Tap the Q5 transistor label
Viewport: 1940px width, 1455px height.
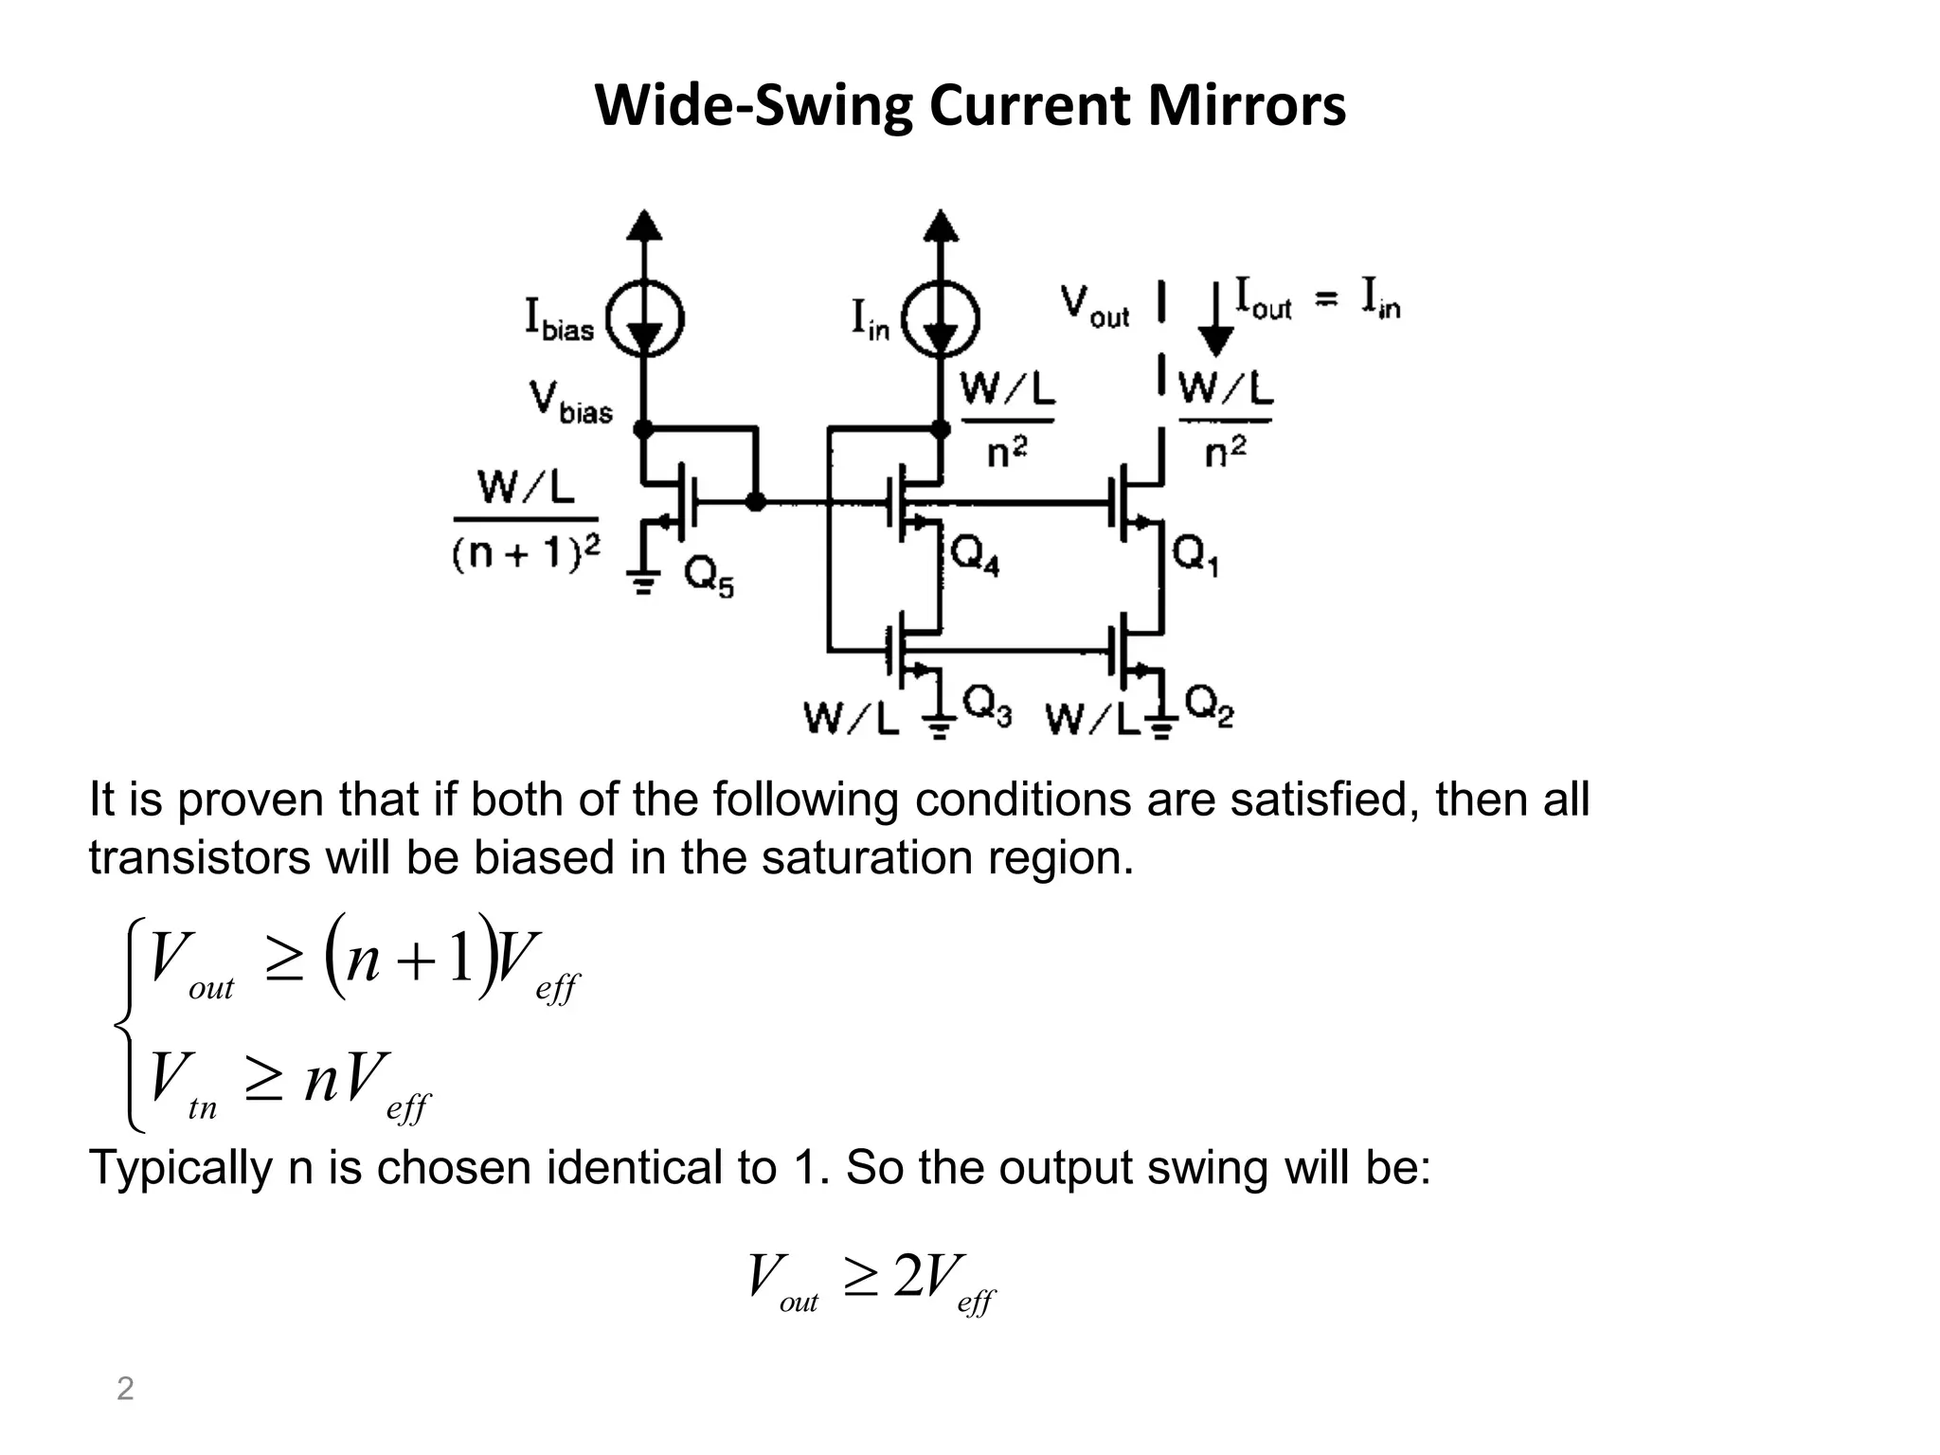(x=709, y=577)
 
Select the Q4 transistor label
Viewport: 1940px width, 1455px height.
(x=975, y=554)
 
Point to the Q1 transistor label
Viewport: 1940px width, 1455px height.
(x=1196, y=554)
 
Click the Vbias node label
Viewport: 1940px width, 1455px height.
(x=570, y=403)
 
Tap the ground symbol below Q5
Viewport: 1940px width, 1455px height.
(x=644, y=581)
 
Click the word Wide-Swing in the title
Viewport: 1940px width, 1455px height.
(x=753, y=105)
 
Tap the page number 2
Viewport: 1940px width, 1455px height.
(x=125, y=1389)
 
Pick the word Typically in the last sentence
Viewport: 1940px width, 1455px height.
(x=181, y=1168)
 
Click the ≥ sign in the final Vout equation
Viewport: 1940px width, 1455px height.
(x=860, y=1279)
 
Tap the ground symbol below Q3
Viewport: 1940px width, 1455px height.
(x=940, y=726)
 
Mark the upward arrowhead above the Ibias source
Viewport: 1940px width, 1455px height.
(x=644, y=225)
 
